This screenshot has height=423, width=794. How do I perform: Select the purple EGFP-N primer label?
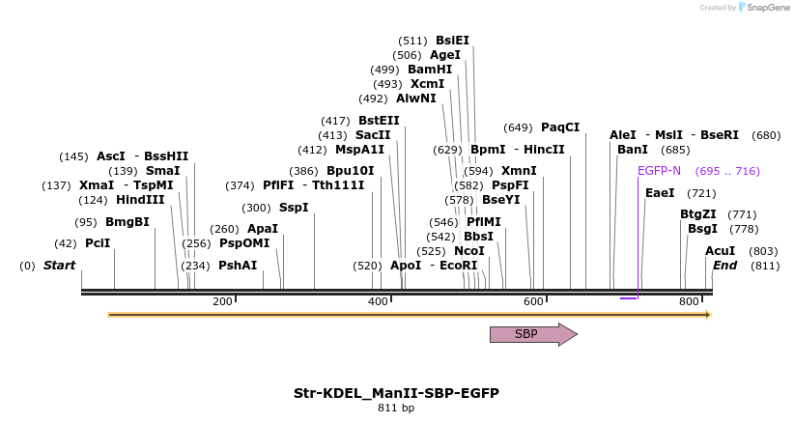click(659, 171)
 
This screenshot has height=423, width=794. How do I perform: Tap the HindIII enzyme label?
click(140, 200)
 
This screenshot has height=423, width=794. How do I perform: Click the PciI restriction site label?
click(98, 243)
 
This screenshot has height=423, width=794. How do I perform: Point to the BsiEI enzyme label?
click(452, 41)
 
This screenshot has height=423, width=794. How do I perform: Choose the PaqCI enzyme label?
click(560, 127)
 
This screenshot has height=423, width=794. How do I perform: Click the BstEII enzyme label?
click(379, 121)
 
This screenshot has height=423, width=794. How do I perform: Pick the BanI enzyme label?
click(633, 150)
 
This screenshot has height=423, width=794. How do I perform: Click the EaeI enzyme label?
click(660, 193)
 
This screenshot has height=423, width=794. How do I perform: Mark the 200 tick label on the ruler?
click(222, 302)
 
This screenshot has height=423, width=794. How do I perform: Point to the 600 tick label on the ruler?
click(533, 302)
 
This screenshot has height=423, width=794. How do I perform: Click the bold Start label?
click(59, 266)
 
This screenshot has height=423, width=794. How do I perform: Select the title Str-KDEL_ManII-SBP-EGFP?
click(396, 393)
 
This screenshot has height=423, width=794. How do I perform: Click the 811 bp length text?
click(396, 409)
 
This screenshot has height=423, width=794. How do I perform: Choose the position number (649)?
click(518, 127)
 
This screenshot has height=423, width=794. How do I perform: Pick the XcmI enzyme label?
click(428, 84)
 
